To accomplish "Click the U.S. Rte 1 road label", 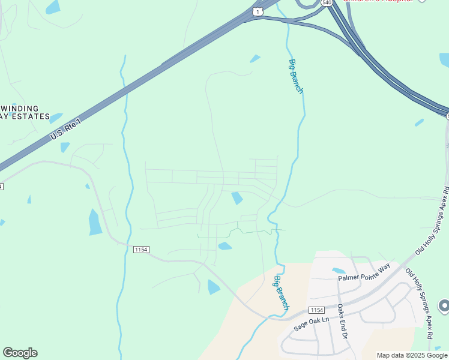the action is pyautogui.click(x=65, y=129).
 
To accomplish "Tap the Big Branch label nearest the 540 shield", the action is pyautogui.click(x=297, y=76).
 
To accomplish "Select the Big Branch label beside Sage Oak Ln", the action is pyautogui.click(x=282, y=292).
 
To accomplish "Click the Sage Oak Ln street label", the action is pyautogui.click(x=312, y=324).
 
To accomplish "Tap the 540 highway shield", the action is pyautogui.click(x=326, y=2).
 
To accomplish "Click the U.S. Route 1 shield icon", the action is pyautogui.click(x=257, y=11).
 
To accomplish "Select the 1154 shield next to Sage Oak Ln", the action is pyautogui.click(x=317, y=310).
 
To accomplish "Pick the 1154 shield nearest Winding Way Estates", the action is pyautogui.click(x=140, y=249).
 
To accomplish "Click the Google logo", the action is pyautogui.click(x=20, y=353).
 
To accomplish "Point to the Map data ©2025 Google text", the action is pyautogui.click(x=412, y=355).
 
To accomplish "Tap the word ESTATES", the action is pyautogui.click(x=29, y=116).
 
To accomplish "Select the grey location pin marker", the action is pyautogui.click(x=444, y=306).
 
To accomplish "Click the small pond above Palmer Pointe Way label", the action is pyautogui.click(x=339, y=271).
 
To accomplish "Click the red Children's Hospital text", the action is pyautogui.click(x=378, y=2).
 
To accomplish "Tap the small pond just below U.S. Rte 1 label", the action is pyautogui.click(x=64, y=147).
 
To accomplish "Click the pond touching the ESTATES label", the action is pyautogui.click(x=56, y=118).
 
